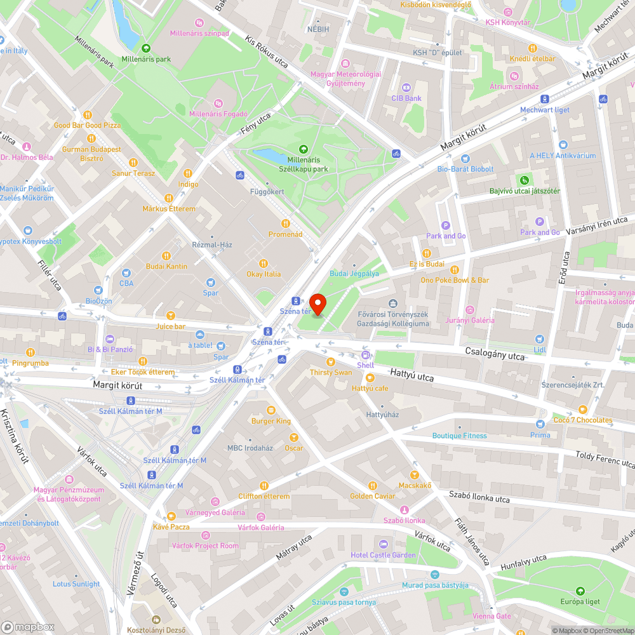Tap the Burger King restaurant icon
(271, 410)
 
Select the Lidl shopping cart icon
(540, 339)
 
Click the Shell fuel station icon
(366, 355)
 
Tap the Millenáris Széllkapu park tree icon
(303, 149)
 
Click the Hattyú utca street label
(412, 377)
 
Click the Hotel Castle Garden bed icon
(383, 544)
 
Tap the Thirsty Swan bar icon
(330, 361)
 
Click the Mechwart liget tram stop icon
(545, 98)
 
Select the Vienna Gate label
(491, 616)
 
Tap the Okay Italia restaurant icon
(264, 263)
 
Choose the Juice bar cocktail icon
(170, 316)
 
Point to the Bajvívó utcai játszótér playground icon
(525, 180)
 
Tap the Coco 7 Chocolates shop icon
(582, 409)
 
